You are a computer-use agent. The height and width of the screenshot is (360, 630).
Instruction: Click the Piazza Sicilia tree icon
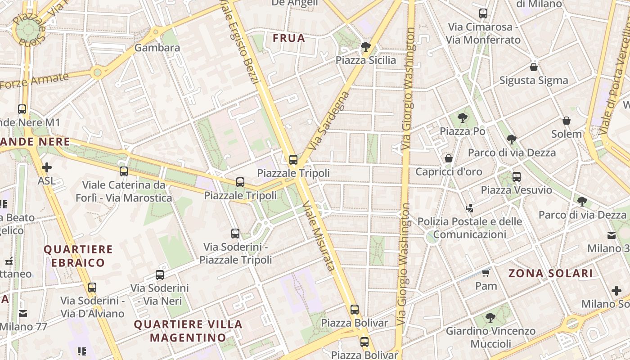coord(366,46)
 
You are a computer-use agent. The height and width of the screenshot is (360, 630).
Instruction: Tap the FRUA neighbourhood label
coord(289,38)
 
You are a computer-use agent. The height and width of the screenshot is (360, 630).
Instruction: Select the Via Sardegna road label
coord(329,121)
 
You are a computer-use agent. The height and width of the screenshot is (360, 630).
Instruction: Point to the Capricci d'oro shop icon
coord(448,158)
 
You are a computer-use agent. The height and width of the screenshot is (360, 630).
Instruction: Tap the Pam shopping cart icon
coord(486,273)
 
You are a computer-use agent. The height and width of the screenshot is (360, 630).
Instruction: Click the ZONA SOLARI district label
coord(550,273)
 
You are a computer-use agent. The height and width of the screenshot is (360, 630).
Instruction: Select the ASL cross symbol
coord(46,168)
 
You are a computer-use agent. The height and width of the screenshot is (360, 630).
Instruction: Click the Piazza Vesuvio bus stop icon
coord(517,177)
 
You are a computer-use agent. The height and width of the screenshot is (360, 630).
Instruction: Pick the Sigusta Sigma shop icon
coord(534,67)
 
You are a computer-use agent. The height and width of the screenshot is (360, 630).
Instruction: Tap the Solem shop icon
coord(567,121)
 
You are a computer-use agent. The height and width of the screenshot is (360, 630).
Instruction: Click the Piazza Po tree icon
coord(462,118)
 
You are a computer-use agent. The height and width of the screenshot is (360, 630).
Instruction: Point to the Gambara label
coord(157,48)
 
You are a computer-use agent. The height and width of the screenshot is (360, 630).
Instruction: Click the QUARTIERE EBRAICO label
coord(78,256)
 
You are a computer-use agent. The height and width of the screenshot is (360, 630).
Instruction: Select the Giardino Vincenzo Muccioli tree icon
coord(490,318)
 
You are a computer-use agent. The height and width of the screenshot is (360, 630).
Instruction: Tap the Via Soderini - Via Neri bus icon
coord(159,274)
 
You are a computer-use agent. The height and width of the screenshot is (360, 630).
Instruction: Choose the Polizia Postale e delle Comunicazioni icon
coord(470,208)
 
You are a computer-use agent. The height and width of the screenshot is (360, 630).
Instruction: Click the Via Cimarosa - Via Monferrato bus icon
coord(483,13)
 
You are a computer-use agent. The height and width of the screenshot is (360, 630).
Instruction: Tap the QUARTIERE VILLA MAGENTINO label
coord(188,331)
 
